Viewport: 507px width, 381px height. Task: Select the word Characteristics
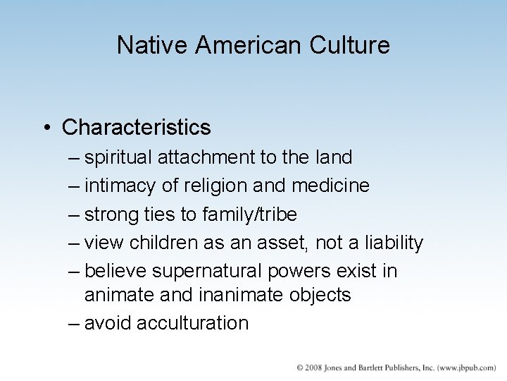136,128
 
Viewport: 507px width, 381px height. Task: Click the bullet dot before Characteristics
45,128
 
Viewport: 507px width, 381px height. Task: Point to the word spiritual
118,157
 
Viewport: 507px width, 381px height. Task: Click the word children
161,243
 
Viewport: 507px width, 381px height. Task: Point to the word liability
390,243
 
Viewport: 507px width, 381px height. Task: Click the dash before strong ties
75,214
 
